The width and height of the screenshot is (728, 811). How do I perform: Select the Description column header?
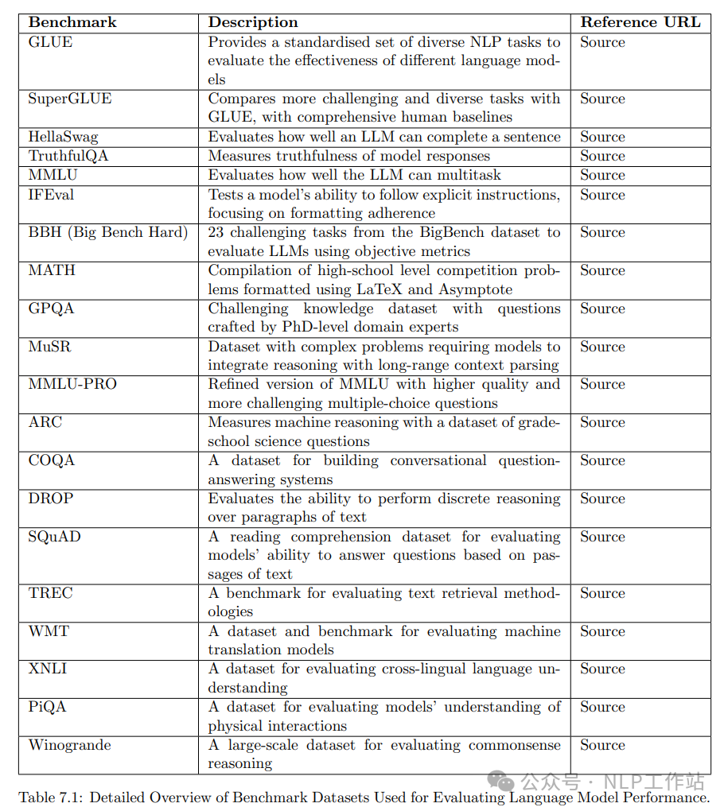[253, 22]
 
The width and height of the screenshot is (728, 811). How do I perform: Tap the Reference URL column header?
[640, 22]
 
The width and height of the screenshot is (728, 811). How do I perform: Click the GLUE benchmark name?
[50, 42]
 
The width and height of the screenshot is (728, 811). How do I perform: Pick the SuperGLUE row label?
[70, 99]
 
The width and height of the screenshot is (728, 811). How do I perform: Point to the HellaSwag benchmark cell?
[63, 137]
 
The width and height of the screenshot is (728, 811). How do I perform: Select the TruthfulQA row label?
[68, 156]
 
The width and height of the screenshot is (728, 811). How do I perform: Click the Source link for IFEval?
[602, 195]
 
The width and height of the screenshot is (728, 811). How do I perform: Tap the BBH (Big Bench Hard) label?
[108, 232]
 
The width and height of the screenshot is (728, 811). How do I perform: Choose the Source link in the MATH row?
[602, 270]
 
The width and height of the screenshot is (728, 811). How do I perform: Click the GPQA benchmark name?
[51, 308]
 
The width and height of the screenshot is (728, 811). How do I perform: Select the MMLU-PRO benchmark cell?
[72, 384]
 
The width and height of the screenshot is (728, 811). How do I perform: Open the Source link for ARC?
[602, 422]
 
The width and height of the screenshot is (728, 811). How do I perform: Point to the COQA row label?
[52, 460]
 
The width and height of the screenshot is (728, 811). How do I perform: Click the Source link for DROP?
[602, 499]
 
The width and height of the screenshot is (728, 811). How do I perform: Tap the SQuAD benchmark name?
[54, 537]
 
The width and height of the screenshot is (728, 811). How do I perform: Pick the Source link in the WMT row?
[602, 631]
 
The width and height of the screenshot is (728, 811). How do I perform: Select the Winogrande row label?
[70, 745]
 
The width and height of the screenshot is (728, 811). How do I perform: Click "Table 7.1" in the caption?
[53, 797]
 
